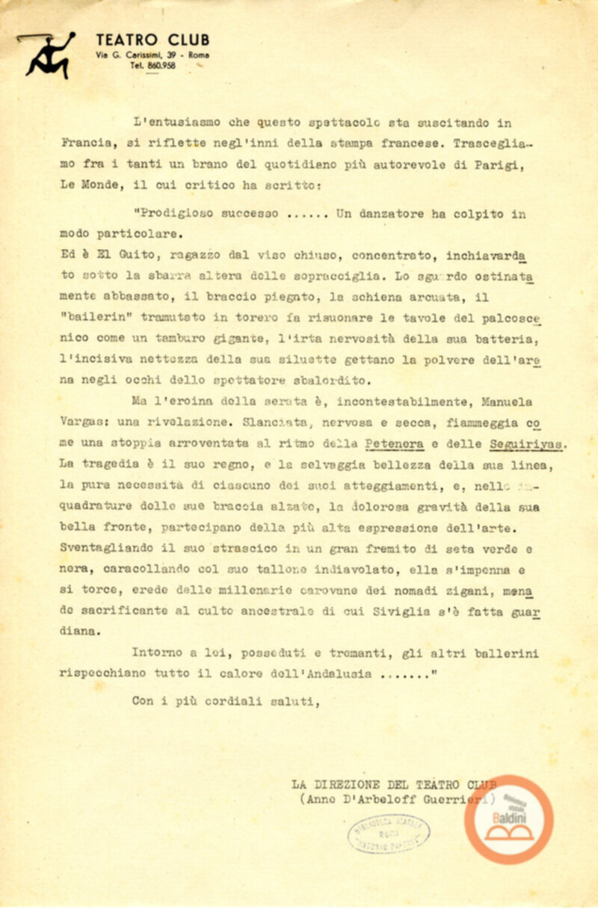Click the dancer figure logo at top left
(46, 55)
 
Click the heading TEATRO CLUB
(152, 40)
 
